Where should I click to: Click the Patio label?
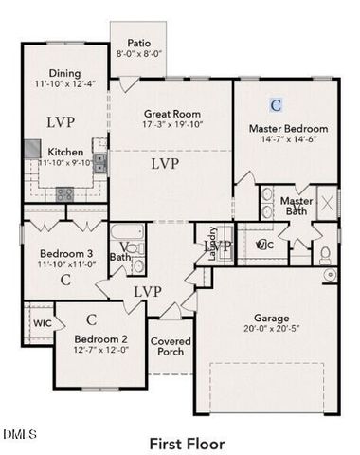coord(140,42)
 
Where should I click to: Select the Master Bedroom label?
coord(288,128)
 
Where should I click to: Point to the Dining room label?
coord(64,74)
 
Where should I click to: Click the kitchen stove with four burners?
coord(63,193)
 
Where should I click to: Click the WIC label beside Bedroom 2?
coord(41,323)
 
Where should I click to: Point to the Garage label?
coord(271,318)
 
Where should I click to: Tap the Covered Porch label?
coord(171,347)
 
